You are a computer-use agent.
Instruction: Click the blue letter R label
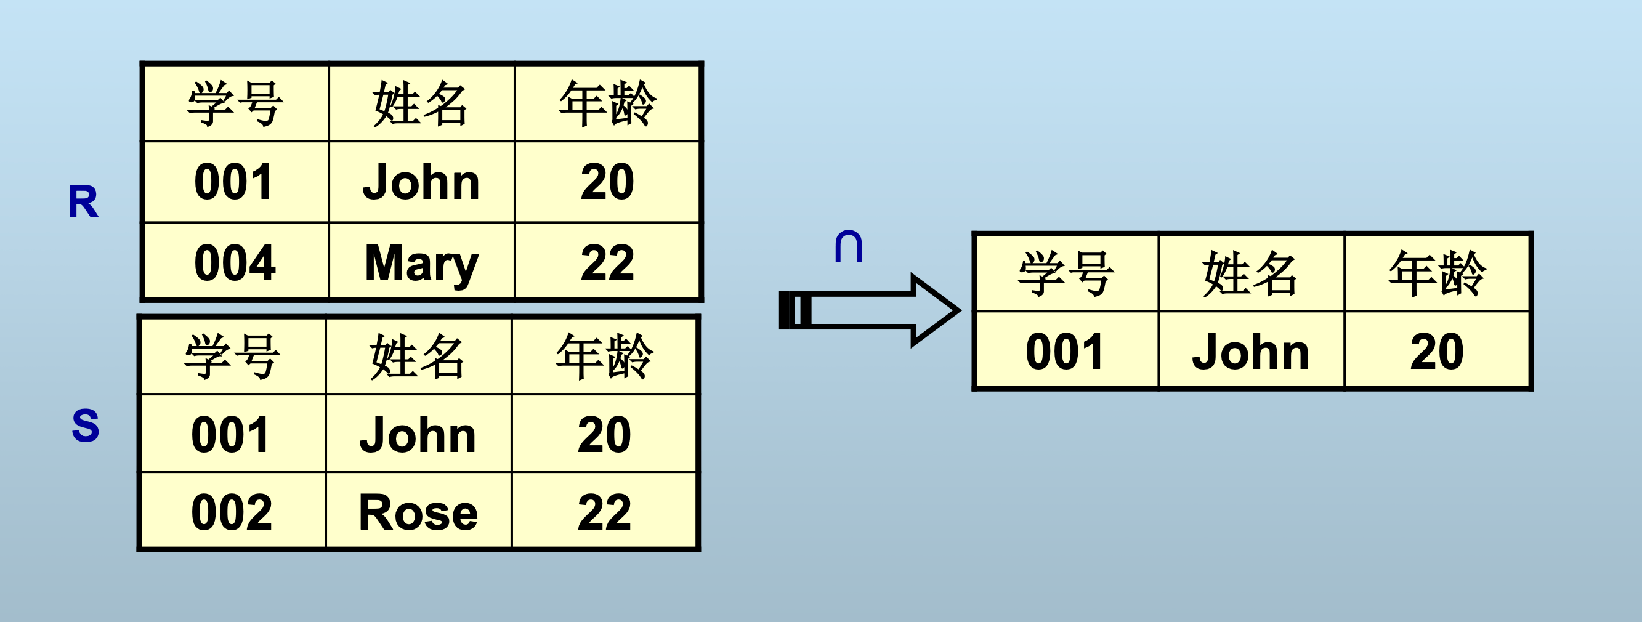point(84,203)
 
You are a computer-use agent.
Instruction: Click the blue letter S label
point(86,426)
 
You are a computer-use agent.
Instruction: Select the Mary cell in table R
point(421,263)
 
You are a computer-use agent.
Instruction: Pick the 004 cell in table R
point(235,263)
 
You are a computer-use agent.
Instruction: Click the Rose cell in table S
point(418,512)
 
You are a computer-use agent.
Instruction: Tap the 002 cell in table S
point(232,512)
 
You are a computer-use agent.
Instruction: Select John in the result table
point(1251,352)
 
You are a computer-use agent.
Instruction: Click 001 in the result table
point(1065,352)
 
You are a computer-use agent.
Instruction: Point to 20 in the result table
point(1437,352)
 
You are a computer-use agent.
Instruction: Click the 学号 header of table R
point(235,103)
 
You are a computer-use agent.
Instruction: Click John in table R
point(421,182)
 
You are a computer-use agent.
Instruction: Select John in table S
point(418,435)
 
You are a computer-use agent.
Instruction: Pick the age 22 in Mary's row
point(607,263)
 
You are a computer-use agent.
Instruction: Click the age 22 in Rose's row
point(604,512)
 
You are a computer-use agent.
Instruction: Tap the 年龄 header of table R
point(607,103)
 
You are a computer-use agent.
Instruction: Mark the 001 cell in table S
point(232,435)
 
